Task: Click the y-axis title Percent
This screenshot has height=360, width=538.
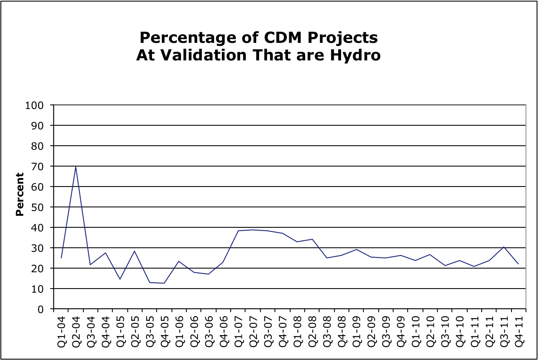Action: point(20,194)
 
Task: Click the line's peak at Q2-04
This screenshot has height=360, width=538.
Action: point(76,167)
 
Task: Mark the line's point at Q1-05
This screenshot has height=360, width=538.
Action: point(120,279)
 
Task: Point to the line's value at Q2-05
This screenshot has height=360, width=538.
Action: point(134,251)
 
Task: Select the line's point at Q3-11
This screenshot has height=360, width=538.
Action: point(504,247)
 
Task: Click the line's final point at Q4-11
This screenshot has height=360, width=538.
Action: point(518,264)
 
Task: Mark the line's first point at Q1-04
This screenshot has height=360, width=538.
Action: point(61,258)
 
